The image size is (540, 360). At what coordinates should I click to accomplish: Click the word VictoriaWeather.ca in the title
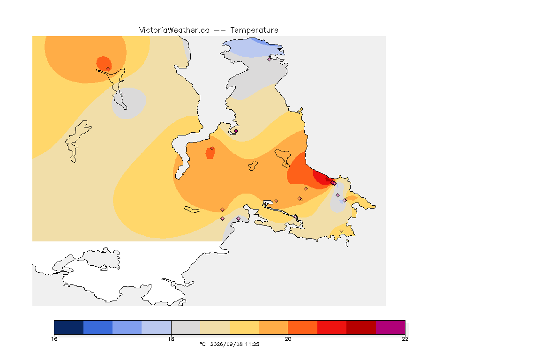[x=174, y=30]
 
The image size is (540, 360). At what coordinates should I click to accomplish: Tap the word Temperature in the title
[x=254, y=30]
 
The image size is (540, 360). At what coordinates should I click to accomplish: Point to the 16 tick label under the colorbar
[x=54, y=339]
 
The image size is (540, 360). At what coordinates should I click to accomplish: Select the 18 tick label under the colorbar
[x=171, y=339]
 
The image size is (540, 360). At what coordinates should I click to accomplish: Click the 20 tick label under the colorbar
[x=288, y=339]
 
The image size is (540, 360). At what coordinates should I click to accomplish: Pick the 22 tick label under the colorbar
[x=405, y=339]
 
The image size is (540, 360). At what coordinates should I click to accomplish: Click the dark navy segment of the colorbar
[x=69, y=327]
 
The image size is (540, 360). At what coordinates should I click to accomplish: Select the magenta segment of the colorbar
[x=390, y=327]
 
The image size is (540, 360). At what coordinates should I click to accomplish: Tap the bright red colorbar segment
[x=332, y=327]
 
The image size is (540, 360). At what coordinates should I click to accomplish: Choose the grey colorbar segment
[x=186, y=327]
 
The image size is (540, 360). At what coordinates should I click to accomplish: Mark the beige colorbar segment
[x=215, y=327]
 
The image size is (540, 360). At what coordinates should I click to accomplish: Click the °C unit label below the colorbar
[x=202, y=344]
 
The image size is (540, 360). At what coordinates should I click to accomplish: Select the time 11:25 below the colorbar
[x=252, y=344]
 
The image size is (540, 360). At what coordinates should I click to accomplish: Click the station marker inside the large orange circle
[x=108, y=68]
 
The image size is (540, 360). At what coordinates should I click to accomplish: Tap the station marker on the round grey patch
[x=122, y=94]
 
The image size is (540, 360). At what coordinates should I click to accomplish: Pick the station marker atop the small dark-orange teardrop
[x=212, y=149]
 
